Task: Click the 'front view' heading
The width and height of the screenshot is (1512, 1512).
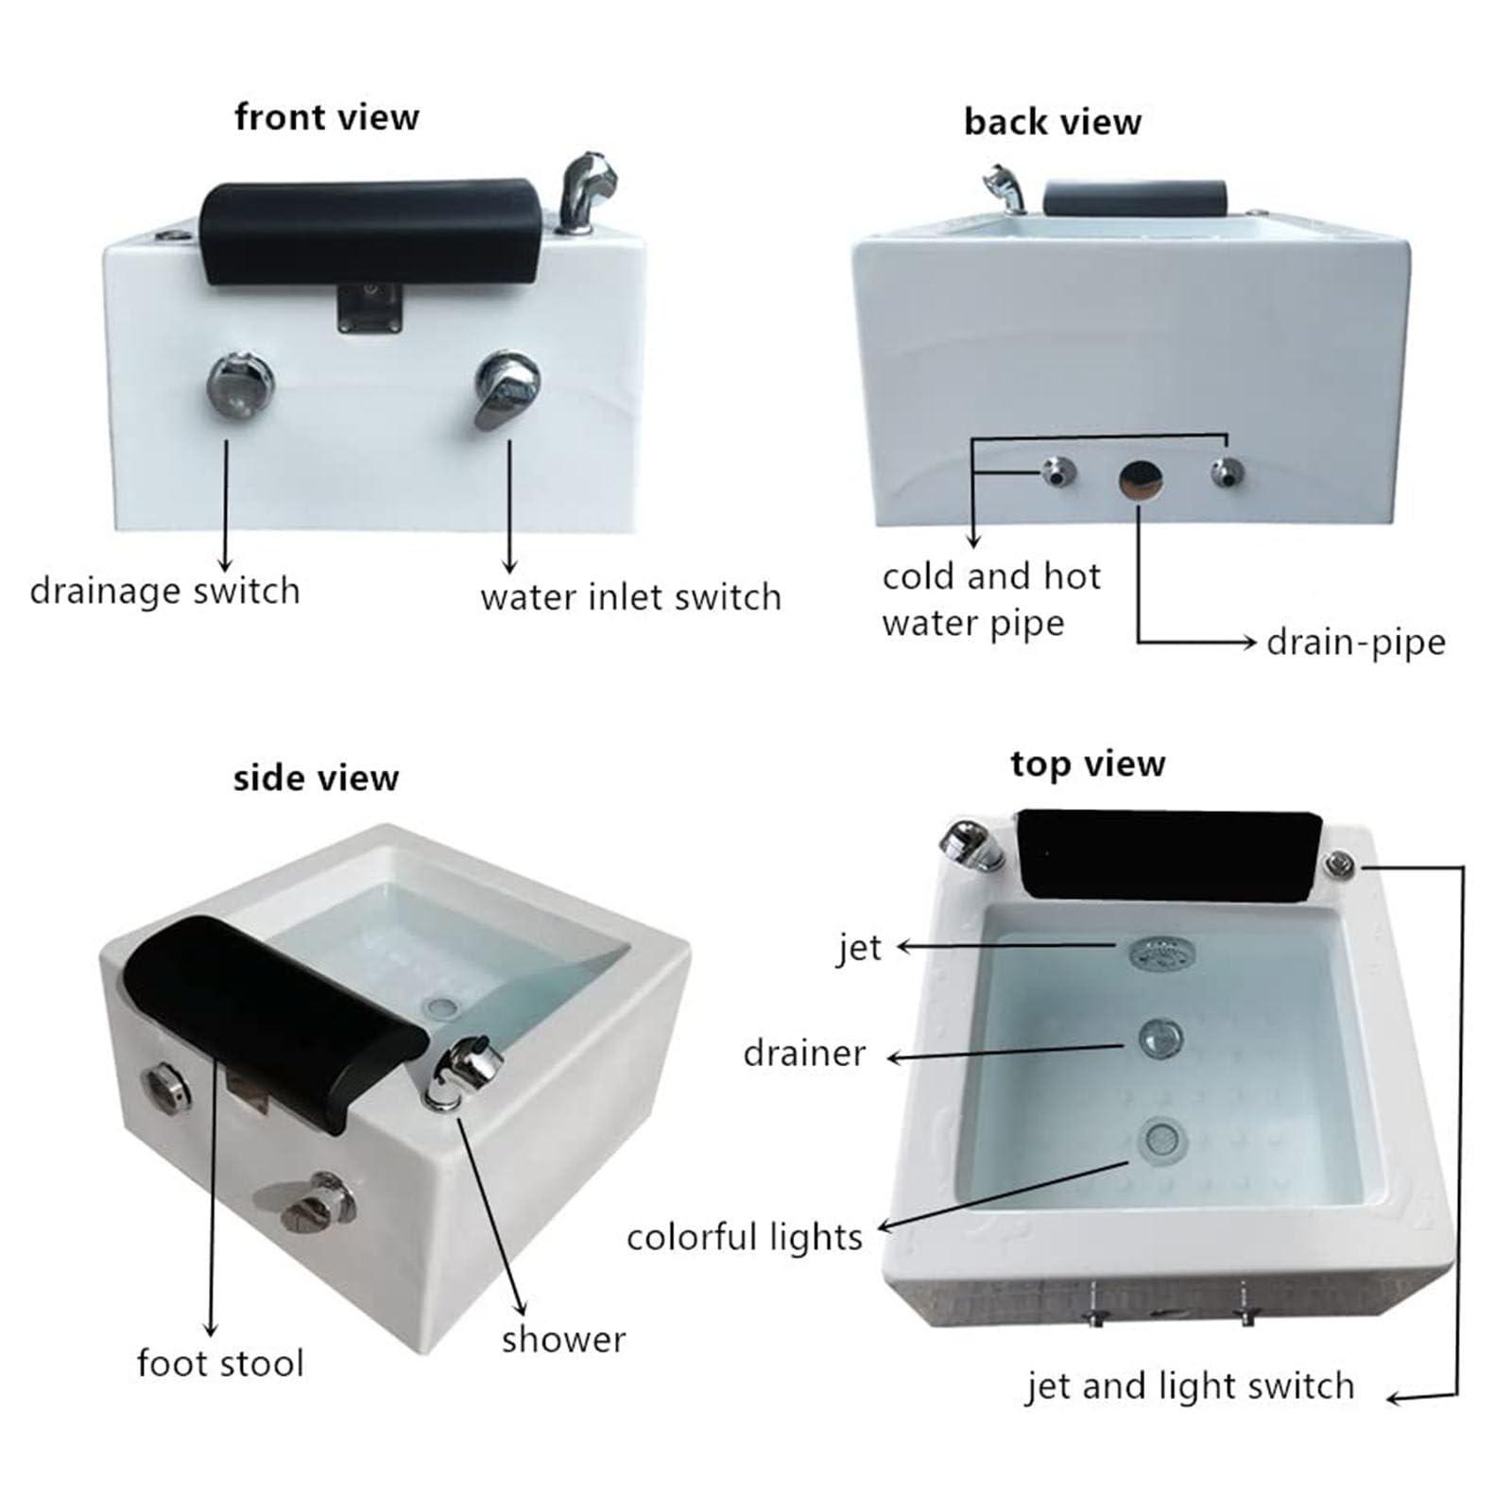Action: (326, 117)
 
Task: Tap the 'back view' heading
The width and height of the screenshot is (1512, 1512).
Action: (1052, 122)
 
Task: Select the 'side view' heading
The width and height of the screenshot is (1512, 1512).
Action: (316, 778)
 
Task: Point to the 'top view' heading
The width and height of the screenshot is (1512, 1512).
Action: (1088, 764)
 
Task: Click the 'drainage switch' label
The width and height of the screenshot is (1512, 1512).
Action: (164, 592)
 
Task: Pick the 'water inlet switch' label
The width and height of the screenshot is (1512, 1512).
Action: (630, 597)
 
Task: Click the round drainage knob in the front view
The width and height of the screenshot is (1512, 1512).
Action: (240, 385)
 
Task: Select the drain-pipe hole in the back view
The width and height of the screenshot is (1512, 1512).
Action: (1140, 480)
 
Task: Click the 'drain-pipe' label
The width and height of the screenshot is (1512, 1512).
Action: (1355, 642)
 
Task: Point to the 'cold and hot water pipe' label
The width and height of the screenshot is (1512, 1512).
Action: (990, 599)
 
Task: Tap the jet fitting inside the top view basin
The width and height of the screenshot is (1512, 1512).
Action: (1161, 953)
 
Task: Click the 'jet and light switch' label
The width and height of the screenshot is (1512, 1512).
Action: (1190, 1385)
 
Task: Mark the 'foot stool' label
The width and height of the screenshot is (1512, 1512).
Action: (219, 1363)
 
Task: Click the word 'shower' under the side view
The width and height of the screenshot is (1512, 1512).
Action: (563, 1339)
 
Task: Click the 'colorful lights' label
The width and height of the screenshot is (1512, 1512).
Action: (744, 1237)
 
